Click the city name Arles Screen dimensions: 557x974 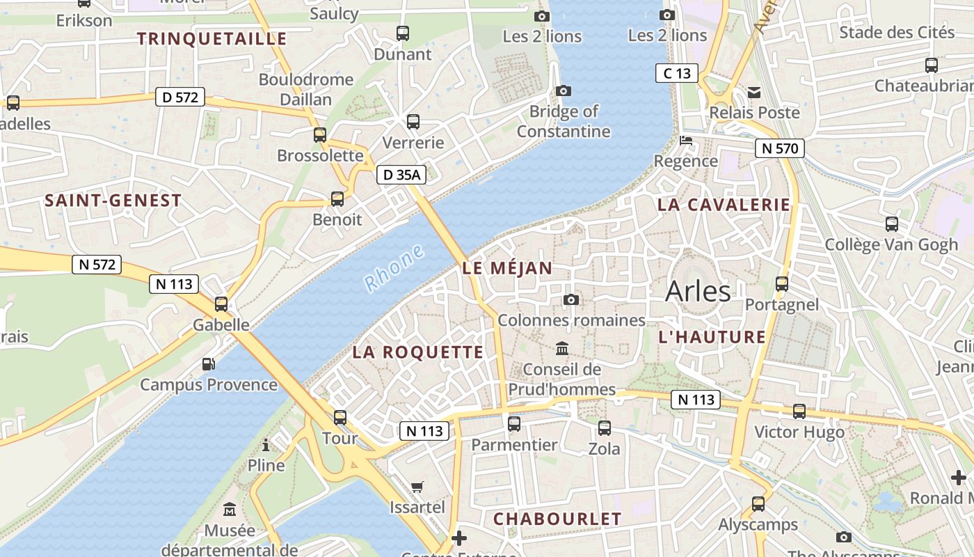tap(698, 291)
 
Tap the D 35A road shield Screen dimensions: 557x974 tap(401, 175)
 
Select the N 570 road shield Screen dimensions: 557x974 tap(780, 148)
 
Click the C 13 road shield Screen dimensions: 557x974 tap(677, 73)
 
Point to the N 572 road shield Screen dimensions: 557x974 tap(97, 265)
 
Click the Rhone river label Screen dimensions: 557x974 tap(394, 268)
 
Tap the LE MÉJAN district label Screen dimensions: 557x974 tap(507, 268)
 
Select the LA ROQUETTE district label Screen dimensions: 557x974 tap(417, 352)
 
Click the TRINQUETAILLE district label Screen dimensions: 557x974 tap(211, 38)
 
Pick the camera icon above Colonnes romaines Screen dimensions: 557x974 tap(571, 300)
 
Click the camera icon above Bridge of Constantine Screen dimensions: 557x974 tap(564, 91)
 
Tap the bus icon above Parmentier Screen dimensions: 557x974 tap(514, 423)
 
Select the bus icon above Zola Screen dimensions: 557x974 tap(605, 428)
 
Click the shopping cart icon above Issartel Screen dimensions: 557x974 tap(417, 487)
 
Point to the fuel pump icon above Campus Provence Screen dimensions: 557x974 tap(208, 364)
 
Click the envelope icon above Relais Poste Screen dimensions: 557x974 tap(754, 93)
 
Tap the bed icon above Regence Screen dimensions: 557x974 tap(686, 141)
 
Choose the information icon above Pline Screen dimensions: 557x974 tap(266, 445)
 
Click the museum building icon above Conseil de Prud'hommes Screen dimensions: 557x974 tap(561, 348)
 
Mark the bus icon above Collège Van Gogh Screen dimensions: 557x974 tap(891, 224)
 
